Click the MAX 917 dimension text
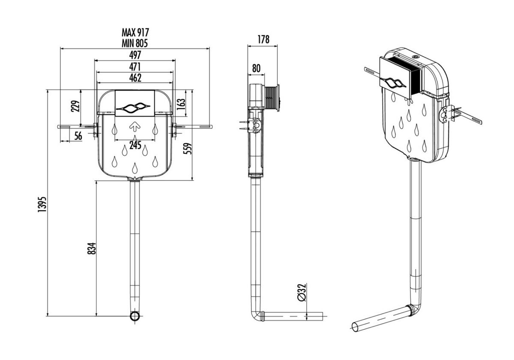click(135, 32)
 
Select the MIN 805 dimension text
click(135, 42)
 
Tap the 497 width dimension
click(135, 55)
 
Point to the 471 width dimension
click(135, 66)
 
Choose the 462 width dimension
click(135, 77)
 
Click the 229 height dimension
click(75, 106)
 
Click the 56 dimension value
click(78, 136)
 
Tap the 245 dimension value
click(135, 145)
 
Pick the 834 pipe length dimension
click(91, 248)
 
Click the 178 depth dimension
click(263, 39)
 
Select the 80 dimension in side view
click(256, 68)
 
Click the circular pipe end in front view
click(135, 317)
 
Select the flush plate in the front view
click(135, 103)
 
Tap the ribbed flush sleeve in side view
click(272, 98)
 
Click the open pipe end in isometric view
click(355, 326)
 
